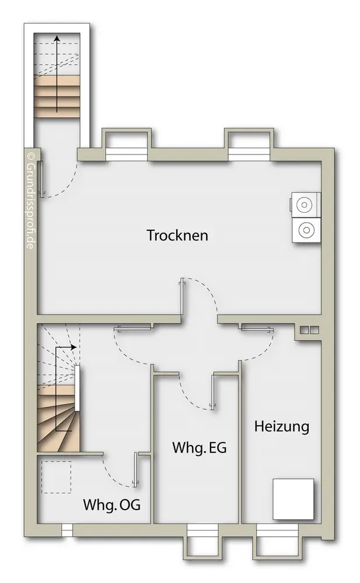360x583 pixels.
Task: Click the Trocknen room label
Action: (177, 236)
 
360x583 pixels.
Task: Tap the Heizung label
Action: (282, 426)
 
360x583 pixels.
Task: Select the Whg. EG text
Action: (199, 447)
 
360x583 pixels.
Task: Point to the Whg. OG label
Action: (111, 504)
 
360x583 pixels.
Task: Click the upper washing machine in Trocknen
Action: (305, 205)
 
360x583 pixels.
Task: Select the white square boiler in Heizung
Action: (293, 499)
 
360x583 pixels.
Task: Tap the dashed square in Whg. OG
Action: (56, 477)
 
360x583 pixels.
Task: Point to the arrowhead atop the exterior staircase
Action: (57, 38)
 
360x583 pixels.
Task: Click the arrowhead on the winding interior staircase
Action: (74, 347)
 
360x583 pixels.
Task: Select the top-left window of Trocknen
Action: (127, 153)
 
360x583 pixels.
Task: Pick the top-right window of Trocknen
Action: (249, 153)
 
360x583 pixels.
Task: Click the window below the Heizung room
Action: (277, 530)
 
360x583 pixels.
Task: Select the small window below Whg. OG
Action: (67, 530)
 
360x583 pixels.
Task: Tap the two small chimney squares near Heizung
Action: (309, 330)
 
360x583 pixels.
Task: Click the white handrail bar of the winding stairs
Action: (77, 388)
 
